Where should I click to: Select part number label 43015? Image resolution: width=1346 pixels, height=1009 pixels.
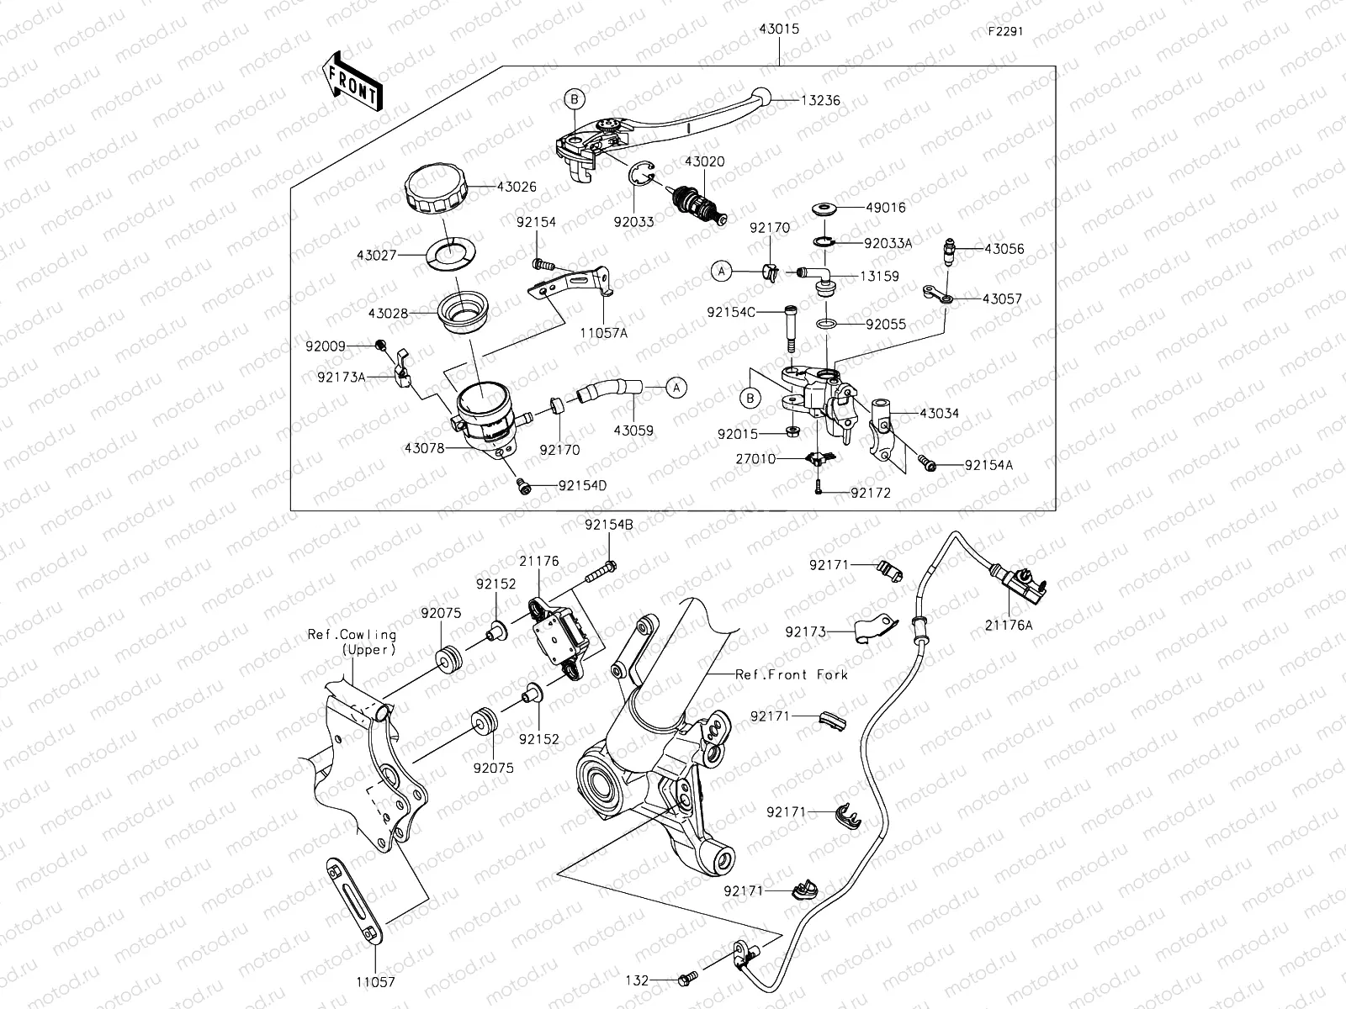(778, 29)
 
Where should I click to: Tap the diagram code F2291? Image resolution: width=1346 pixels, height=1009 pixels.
(1006, 32)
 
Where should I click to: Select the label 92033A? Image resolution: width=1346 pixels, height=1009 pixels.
(888, 243)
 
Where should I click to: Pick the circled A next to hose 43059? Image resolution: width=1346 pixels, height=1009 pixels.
(676, 388)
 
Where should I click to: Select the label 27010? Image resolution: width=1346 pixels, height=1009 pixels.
(755, 459)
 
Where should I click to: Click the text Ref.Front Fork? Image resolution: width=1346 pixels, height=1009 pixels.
(792, 674)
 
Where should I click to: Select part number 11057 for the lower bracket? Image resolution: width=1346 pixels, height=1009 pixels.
(374, 981)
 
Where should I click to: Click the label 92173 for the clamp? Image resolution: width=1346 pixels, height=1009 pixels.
(807, 631)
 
